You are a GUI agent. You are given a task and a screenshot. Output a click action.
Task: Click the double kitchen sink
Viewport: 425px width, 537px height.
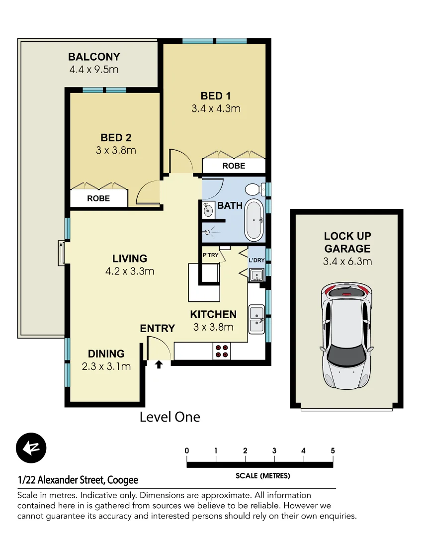(256, 319)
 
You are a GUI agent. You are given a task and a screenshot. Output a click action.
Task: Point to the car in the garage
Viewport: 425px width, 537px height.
(346, 337)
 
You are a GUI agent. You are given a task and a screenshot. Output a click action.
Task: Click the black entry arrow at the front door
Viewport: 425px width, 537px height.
(159, 365)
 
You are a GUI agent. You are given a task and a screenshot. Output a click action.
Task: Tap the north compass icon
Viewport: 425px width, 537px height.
(31, 448)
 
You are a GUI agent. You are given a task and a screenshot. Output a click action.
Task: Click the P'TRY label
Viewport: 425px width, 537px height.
(210, 256)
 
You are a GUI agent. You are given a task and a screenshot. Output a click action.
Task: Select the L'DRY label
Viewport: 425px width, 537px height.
(256, 260)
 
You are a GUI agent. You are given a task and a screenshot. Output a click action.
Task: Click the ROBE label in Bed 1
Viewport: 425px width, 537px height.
(234, 166)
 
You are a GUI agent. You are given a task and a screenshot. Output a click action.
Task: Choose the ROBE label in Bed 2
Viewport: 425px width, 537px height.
(98, 198)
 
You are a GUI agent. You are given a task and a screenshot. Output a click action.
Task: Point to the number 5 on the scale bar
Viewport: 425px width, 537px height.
(333, 451)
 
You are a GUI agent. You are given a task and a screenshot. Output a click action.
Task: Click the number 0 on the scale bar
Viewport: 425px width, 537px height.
(187, 451)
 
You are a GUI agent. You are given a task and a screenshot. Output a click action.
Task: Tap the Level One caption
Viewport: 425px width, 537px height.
(170, 417)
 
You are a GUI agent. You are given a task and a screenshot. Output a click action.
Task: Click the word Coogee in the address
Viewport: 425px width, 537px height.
(122, 480)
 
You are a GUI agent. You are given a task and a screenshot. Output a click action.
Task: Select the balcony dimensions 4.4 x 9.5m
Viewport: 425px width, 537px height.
(94, 70)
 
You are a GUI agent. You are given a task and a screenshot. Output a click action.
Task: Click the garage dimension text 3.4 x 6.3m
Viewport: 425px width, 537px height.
(347, 262)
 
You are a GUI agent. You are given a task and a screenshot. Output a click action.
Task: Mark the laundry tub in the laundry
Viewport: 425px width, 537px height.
(256, 274)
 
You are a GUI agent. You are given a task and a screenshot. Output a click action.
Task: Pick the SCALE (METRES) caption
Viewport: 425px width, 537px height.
(262, 476)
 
